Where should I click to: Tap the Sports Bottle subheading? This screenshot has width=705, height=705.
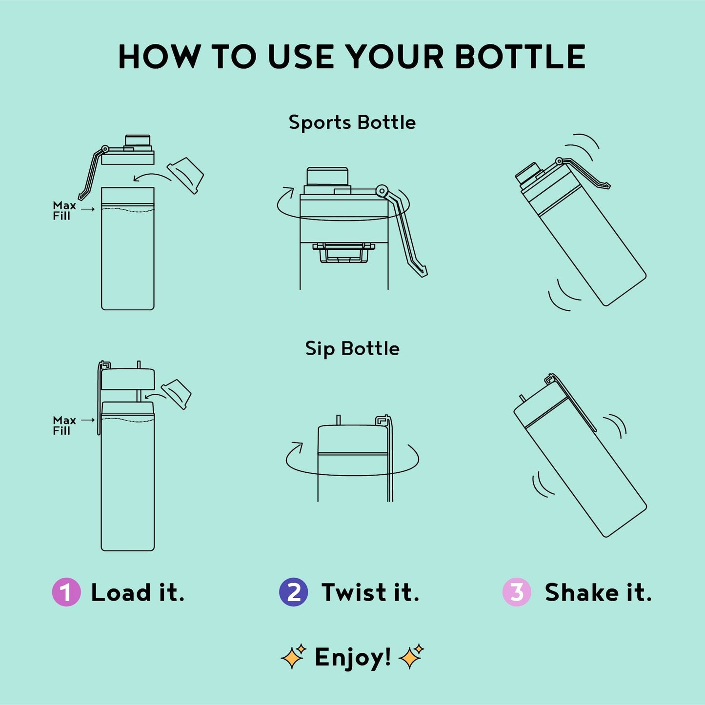pos(352,122)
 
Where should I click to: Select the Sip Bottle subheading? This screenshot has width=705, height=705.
pos(352,348)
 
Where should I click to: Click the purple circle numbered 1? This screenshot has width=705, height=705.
pos(66,592)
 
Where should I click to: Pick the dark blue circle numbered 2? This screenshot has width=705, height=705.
pos(293,592)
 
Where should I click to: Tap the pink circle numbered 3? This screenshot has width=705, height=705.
pos(517,592)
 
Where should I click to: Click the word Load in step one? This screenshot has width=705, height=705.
pos(121,592)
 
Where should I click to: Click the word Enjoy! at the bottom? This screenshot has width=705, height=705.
pos(353,658)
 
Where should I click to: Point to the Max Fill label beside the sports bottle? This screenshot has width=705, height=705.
pos(64,210)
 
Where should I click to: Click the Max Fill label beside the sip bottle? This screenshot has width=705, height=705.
pos(64,425)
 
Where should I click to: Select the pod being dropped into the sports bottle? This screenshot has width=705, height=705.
pos(185,176)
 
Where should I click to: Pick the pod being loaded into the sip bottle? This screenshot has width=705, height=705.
pos(176,394)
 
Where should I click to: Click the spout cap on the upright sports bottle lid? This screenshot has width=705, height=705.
pos(138,141)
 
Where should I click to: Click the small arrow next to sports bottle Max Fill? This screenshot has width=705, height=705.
pos(88,209)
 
